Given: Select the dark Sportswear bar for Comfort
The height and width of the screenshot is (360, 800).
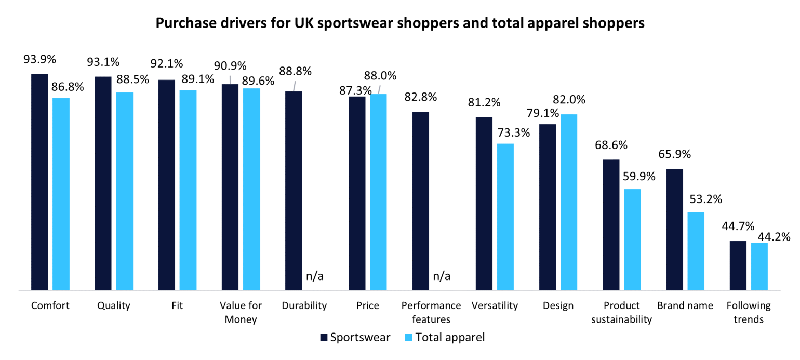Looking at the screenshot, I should pyautogui.click(x=39, y=182).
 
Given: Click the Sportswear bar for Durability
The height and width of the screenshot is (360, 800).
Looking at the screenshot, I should pyautogui.click(x=294, y=190).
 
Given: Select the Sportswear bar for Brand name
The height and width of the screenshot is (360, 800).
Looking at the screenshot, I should pyautogui.click(x=674, y=229).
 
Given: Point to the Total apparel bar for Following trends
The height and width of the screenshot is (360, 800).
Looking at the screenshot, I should pyautogui.click(x=759, y=266).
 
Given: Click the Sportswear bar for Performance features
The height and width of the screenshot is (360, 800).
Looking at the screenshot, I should pyautogui.click(x=420, y=201).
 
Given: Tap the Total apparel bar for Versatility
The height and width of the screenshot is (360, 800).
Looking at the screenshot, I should pyautogui.click(x=505, y=217).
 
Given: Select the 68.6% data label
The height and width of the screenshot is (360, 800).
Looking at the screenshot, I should pyautogui.click(x=611, y=145).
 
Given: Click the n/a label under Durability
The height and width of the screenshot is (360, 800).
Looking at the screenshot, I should pyautogui.click(x=315, y=276).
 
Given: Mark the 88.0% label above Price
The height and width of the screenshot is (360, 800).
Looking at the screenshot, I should pyautogui.click(x=379, y=76).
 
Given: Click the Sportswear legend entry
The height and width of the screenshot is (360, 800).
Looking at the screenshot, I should pyautogui.click(x=355, y=337).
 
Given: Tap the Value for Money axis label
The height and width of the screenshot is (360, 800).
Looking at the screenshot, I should pyautogui.click(x=241, y=312).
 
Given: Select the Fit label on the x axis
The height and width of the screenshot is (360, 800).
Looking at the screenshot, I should pyautogui.click(x=177, y=305).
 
